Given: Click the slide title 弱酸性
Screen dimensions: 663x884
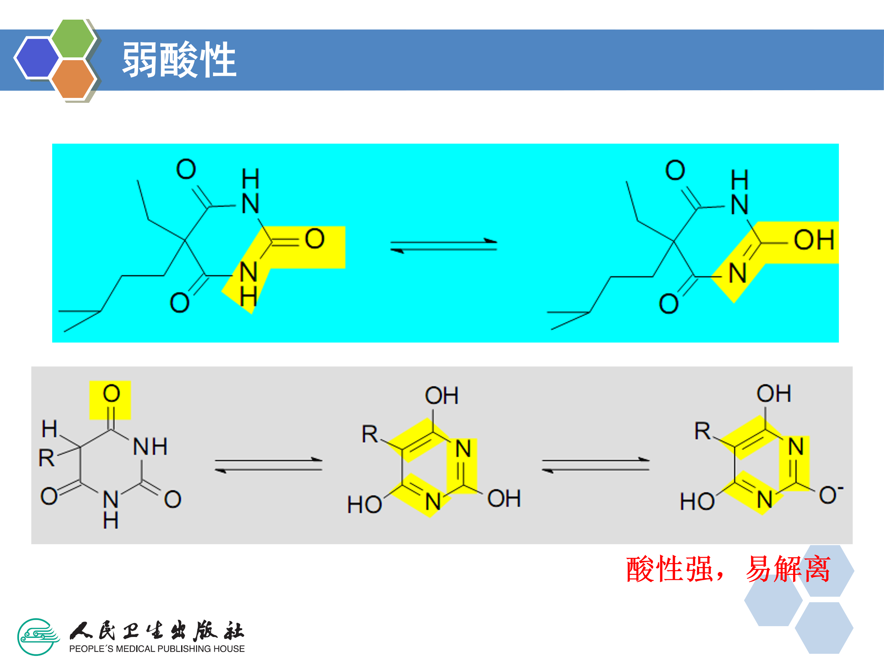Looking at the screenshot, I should coord(179,60).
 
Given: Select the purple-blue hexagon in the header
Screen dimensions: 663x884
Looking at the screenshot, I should coord(37,57).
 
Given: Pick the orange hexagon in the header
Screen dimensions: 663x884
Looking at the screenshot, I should coord(73,79).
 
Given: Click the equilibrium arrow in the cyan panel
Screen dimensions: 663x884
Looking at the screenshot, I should coord(444,245).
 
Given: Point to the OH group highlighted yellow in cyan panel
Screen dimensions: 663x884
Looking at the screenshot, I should coord(814,240).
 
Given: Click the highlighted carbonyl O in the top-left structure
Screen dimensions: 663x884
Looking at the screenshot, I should coord(315,238).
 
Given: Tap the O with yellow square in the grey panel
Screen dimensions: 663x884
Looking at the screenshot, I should coord(111,394).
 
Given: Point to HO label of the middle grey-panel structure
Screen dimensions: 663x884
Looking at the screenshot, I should coord(364,504).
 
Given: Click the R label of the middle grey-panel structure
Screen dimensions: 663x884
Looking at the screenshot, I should coord(370,434).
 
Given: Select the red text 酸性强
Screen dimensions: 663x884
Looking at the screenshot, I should coord(670,569).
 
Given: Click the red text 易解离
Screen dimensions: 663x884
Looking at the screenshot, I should coord(788,569).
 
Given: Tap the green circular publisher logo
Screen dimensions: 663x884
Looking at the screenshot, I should coord(37,637).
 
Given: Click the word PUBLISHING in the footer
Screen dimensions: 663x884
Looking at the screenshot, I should coord(186,649).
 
